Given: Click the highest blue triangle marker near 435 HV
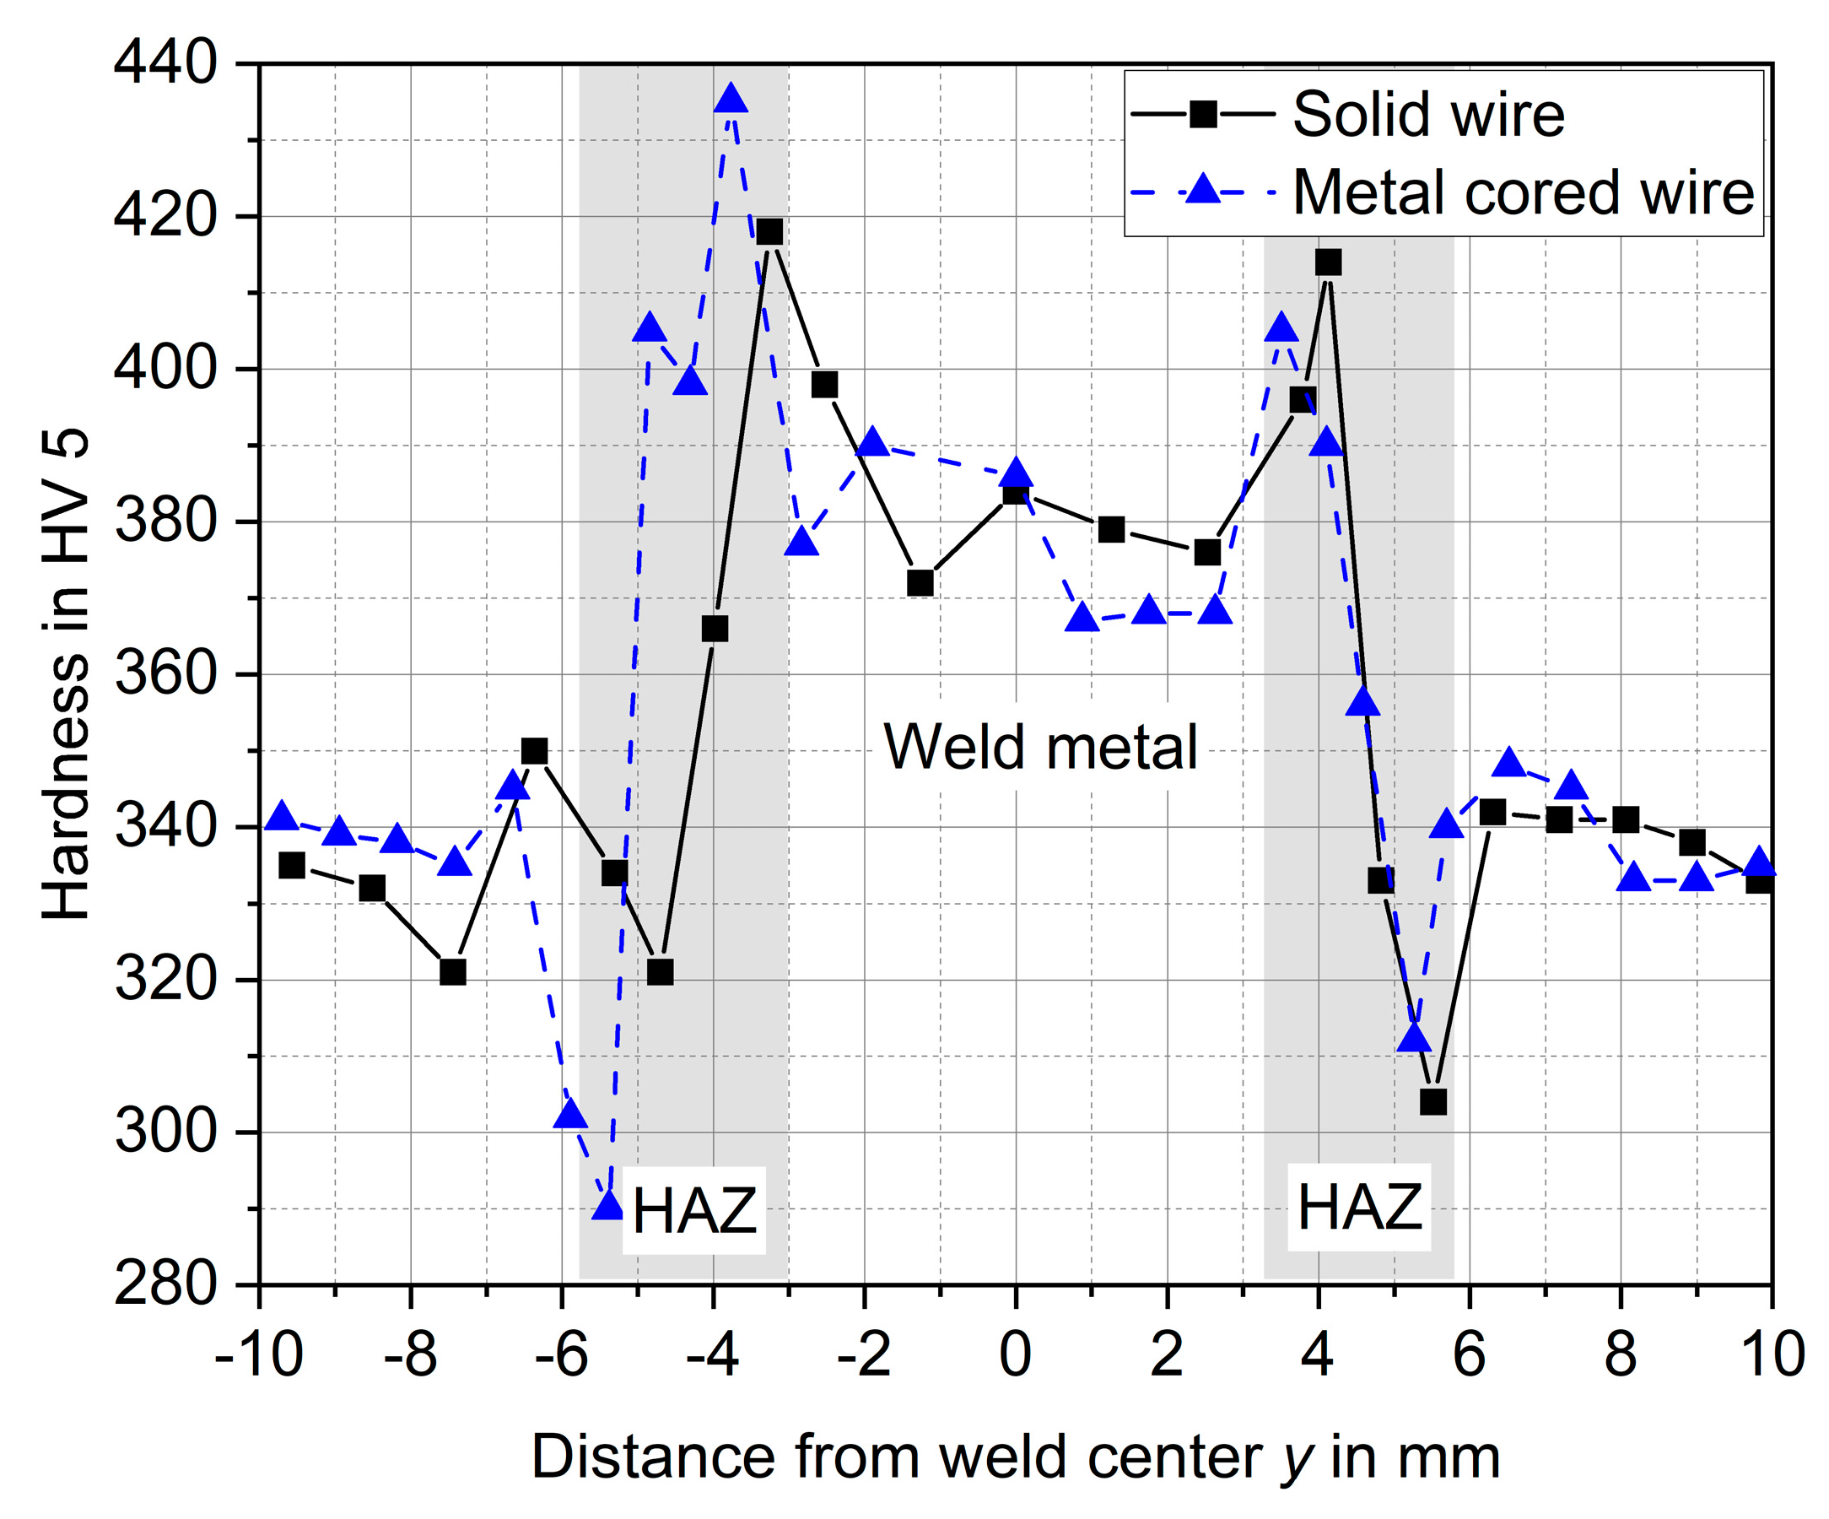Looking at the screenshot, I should coord(731,100).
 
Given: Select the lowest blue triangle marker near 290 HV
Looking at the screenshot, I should coord(608,1205).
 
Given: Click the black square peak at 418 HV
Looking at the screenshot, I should coord(770,232).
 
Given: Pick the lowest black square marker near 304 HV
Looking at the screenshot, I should coord(1432,1102).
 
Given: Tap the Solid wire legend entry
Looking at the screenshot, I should coord(1428,115).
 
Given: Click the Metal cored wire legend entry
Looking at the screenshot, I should coord(1523,192).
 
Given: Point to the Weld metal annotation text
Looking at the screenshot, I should coord(1041,748).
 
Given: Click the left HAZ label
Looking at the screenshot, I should coord(694,1211).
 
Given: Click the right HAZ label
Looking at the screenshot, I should coord(1360,1208).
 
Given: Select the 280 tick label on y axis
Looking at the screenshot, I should coord(165,1284).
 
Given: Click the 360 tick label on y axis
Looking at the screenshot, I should coord(165,674).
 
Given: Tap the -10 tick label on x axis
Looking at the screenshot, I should coord(259,1355).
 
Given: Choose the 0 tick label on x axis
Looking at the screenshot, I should coord(1016,1355).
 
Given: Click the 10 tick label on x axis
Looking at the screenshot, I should coord(1772,1355).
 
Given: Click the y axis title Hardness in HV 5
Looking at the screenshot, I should coord(66,674).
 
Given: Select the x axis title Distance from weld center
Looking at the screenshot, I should coord(1016,1457).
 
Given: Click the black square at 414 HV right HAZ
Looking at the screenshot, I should coord(1328,262).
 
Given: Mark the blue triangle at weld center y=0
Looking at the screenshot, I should coord(1017,473).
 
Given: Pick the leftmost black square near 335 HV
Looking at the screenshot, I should coord(292,866).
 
